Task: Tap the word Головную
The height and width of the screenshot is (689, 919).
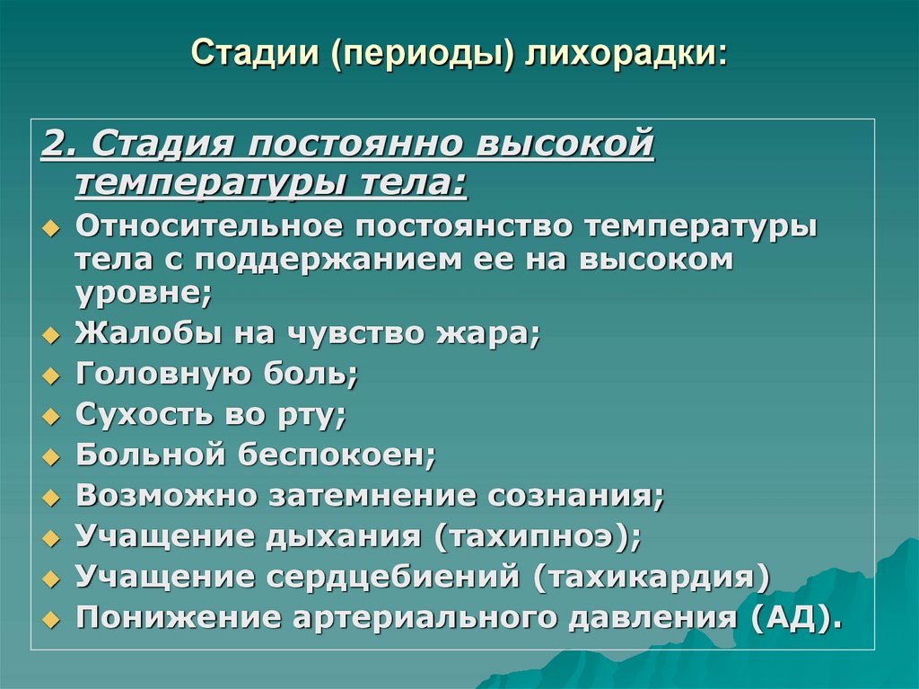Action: tap(151, 374)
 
